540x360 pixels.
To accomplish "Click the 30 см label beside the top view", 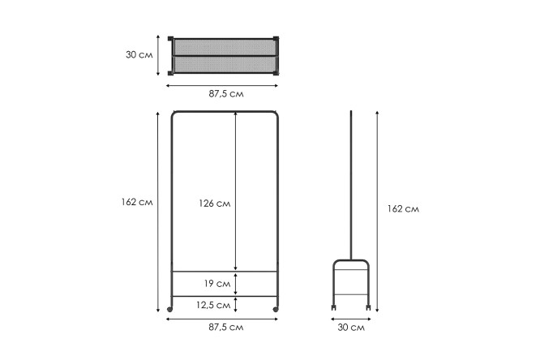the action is pos(139,55).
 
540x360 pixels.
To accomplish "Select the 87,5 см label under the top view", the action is pos(226,94).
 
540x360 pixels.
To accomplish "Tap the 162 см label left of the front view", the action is pos(137,202).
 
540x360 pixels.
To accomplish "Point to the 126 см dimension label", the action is pos(215,204).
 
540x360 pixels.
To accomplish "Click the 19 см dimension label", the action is pos(217,284).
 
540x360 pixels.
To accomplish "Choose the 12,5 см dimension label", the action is pos(213,305).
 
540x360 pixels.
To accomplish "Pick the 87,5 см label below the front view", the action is pos(226,327).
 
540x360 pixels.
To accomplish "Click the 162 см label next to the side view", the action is pos(403,208).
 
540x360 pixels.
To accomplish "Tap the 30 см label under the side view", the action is pos(351,328).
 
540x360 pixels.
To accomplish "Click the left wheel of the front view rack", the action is pos(169,310).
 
